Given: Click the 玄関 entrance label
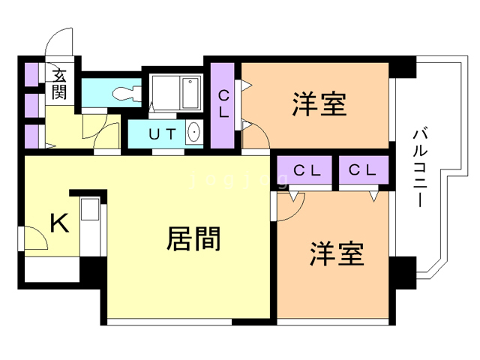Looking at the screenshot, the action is [x=59, y=84].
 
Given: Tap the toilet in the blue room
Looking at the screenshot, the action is [x=127, y=93].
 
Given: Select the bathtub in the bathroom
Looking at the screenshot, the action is [x=190, y=93].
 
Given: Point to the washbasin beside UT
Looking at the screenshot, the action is [x=193, y=132].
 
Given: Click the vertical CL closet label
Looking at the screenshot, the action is [x=223, y=105].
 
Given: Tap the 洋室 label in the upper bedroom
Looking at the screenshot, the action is [x=319, y=104].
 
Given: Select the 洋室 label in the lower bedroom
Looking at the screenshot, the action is [x=337, y=253].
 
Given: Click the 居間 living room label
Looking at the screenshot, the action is [x=193, y=238].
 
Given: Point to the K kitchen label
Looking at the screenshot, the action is [x=59, y=223].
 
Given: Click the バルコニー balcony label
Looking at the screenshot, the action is [x=420, y=168].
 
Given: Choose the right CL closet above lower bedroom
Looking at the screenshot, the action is [x=362, y=170].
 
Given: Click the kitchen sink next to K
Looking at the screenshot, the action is [x=90, y=209].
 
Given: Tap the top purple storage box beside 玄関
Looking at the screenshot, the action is [x=31, y=74].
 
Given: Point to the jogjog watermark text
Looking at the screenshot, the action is [x=239, y=180].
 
